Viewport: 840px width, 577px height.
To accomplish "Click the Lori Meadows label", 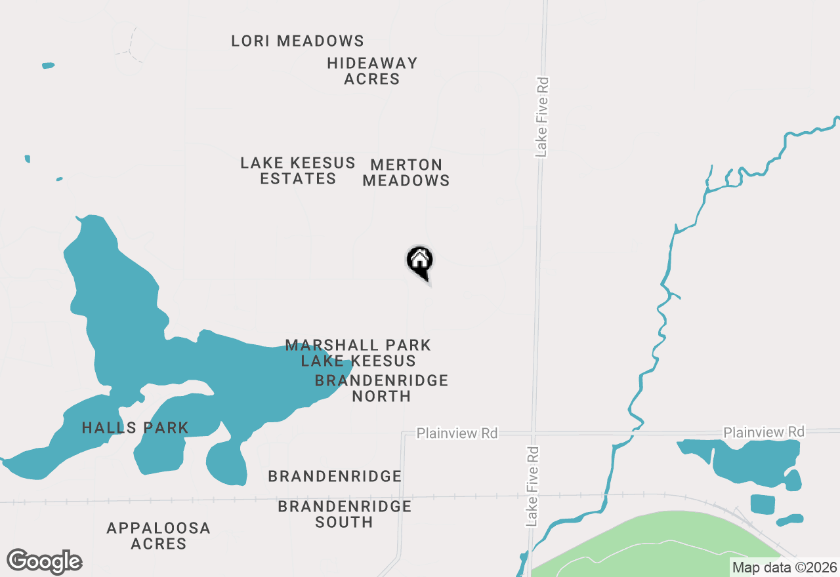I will coord(297,41).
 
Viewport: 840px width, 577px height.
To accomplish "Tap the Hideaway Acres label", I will coord(372,71).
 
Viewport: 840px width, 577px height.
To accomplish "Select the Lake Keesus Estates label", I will coord(298,170).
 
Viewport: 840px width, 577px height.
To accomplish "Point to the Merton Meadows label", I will coord(406,172).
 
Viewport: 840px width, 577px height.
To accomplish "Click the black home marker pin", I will coord(420,262).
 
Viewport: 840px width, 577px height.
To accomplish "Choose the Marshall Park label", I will coord(358,345).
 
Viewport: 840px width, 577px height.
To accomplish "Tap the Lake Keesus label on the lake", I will coord(358,361).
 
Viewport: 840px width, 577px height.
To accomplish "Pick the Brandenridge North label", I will coord(381,388).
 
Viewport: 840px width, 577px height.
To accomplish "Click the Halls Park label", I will coord(135,428).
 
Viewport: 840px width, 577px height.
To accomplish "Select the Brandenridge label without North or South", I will coord(335,476).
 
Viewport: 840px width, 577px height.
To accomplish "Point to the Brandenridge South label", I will coord(345,514).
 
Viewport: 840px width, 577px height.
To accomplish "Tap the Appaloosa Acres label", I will coord(159,536).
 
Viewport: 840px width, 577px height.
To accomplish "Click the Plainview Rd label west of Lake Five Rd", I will coord(457,433).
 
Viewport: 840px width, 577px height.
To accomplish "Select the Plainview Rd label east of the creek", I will coord(764,432).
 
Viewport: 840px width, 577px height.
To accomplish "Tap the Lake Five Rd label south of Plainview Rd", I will coord(532,487).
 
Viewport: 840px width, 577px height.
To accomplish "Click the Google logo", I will coord(45,561).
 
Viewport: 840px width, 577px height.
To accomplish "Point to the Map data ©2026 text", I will coord(784,567).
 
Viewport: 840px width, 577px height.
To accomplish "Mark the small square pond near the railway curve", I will coord(762,504).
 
